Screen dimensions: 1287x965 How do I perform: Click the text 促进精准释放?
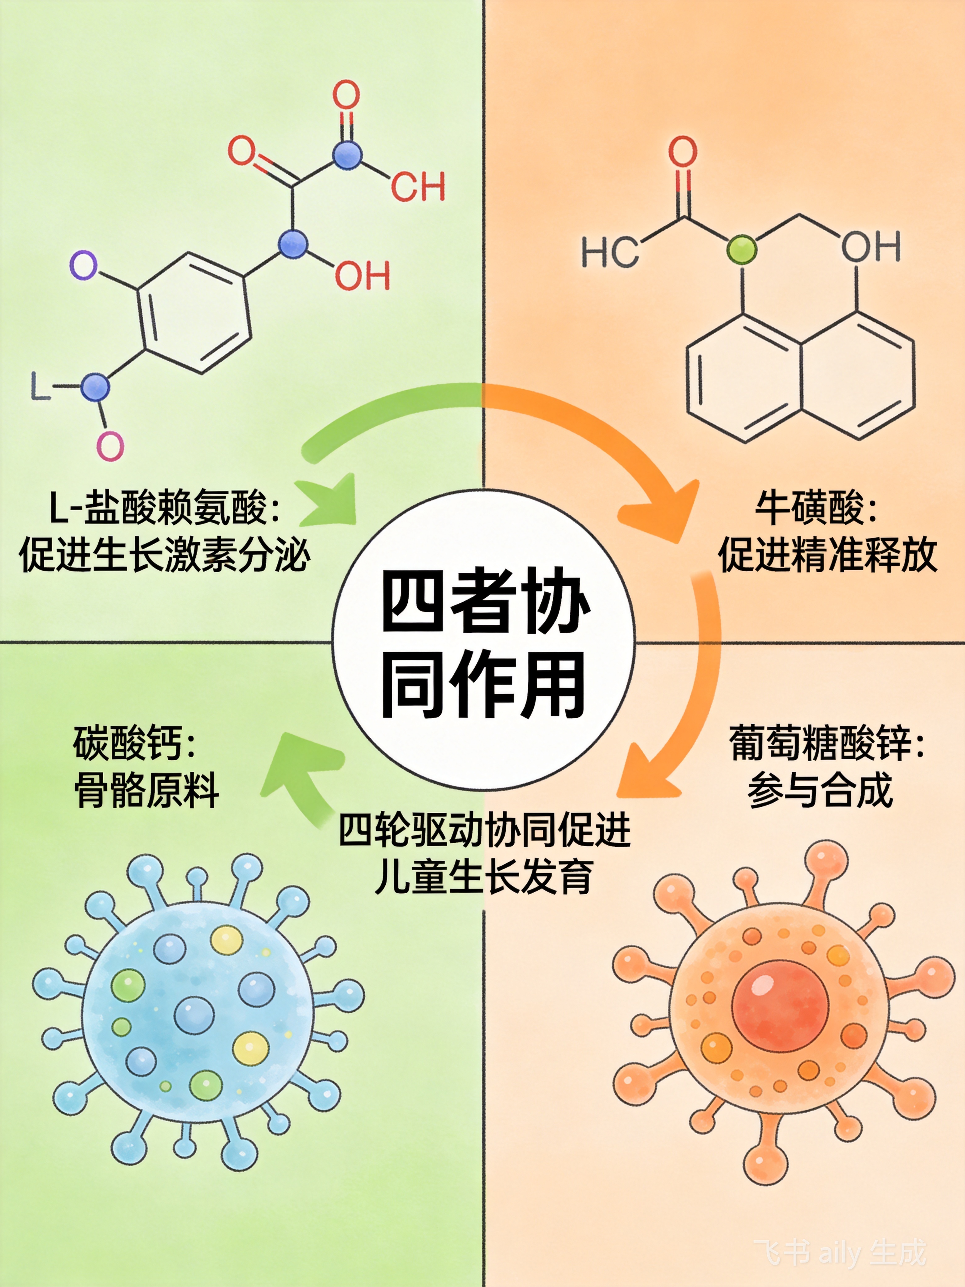pyautogui.click(x=827, y=555)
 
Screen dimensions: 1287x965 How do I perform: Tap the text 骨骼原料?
pyautogui.click(x=147, y=790)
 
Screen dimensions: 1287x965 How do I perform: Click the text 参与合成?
pyautogui.click(x=820, y=790)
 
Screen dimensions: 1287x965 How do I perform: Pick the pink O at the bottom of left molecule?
pyautogui.click(x=110, y=446)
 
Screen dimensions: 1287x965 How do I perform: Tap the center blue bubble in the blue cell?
pyautogui.click(x=194, y=1015)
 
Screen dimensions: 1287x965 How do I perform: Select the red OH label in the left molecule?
pyautogui.click(x=362, y=275)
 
